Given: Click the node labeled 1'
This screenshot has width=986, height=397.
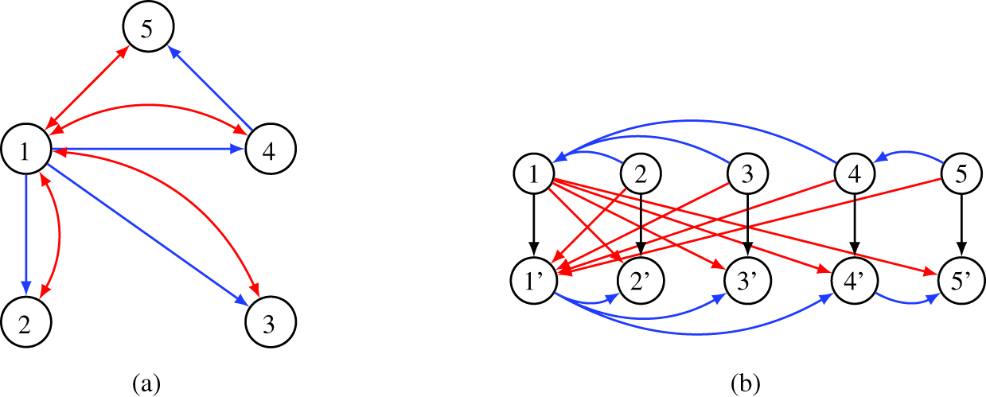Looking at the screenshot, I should pyautogui.click(x=534, y=281).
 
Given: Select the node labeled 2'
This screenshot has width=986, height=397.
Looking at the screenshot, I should pyautogui.click(x=641, y=281).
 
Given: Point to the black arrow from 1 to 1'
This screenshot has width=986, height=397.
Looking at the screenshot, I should pyautogui.click(x=534, y=227).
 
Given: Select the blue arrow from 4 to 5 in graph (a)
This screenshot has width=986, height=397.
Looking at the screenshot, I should pyautogui.click(x=212, y=88).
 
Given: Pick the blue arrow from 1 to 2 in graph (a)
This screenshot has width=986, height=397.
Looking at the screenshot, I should pyautogui.click(x=27, y=231).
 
